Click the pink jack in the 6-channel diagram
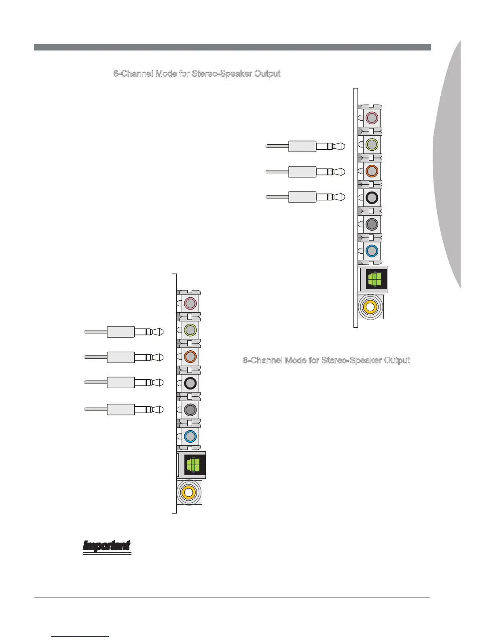[x=372, y=118]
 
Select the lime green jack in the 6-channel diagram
[x=372, y=144]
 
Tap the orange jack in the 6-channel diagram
[x=372, y=171]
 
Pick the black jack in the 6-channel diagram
[x=372, y=198]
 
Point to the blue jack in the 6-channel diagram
[x=372, y=251]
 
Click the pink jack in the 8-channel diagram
[x=190, y=303]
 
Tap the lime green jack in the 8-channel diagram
[x=190, y=330]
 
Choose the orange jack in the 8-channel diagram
[x=190, y=356]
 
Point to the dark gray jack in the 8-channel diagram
[x=190, y=410]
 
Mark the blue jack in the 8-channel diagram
[x=190, y=436]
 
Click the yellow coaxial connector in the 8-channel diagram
[x=188, y=492]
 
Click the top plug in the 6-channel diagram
[x=307, y=146]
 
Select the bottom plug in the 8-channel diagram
[x=125, y=409]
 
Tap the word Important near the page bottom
[x=107, y=546]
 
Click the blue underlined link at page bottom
[x=80, y=636]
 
